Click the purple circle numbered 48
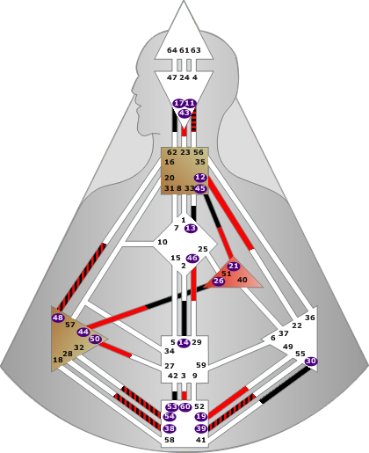pos(58,318)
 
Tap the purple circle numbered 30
pos(311,362)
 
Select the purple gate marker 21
pos(234,266)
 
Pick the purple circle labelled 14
pos(184,342)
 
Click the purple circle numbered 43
pos(184,113)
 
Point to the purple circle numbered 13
pos(191,228)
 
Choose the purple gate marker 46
pos(192,259)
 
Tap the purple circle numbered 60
pos(185,406)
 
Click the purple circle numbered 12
pos(200,178)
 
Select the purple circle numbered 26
pos(219,281)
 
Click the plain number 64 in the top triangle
pos(172,50)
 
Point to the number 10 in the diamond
pos(163,242)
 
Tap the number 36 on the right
pos(310,318)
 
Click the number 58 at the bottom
pos(170,440)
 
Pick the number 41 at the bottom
pos(201,440)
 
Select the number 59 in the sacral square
pos(201,365)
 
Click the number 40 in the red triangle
pos(242,280)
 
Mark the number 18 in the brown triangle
pos(58,360)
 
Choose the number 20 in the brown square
pos(170,178)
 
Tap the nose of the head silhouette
pos(134,88)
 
